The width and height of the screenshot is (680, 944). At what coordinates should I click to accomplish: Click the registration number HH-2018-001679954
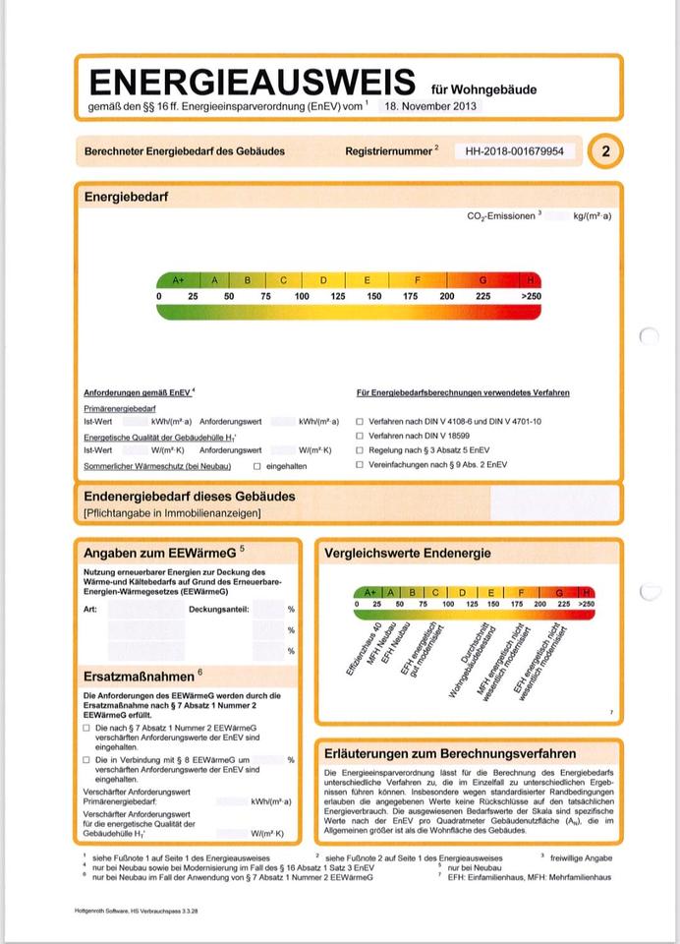click(515, 151)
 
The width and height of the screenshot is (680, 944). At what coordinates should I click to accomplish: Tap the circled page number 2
click(605, 151)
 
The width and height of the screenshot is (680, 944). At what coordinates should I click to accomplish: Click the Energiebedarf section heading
click(126, 197)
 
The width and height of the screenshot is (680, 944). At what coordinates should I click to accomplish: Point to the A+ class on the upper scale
click(178, 280)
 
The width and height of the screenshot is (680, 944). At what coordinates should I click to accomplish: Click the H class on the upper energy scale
click(532, 280)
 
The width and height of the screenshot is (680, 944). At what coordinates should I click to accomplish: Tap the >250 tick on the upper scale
click(531, 296)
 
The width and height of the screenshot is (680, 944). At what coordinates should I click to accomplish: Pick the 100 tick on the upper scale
click(302, 296)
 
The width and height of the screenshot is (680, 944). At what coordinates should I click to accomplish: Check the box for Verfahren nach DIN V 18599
click(361, 435)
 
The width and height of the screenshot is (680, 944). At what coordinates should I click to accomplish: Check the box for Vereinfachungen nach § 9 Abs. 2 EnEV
click(361, 463)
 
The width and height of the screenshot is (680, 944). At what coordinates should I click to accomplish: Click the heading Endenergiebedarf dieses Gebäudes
click(190, 497)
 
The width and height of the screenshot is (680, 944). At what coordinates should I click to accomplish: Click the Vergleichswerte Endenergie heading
click(408, 554)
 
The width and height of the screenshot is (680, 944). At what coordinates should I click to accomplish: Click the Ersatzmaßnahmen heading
click(139, 677)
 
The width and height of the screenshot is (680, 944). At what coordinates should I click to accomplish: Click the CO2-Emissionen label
click(501, 215)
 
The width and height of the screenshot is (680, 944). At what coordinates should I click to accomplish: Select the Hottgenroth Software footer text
click(137, 911)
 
